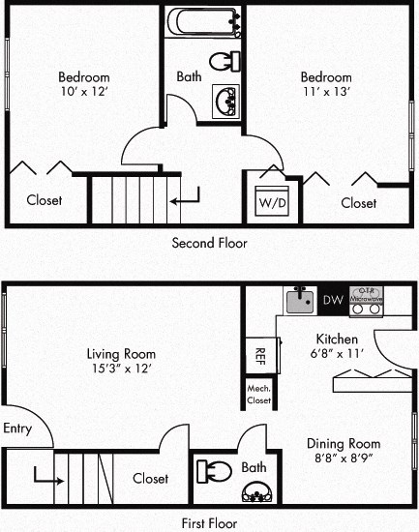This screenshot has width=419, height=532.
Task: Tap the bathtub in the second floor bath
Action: [x=203, y=21]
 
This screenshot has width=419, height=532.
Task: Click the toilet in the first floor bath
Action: [x=212, y=472]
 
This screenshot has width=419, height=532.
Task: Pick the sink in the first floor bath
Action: [x=256, y=492]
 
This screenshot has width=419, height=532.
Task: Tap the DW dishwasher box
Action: [x=332, y=301]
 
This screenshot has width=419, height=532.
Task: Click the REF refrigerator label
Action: [x=260, y=353]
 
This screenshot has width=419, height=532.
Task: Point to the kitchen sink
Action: [x=299, y=300]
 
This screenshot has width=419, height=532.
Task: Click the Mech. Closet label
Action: [x=259, y=392]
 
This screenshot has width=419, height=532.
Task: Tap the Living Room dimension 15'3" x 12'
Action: [x=120, y=369]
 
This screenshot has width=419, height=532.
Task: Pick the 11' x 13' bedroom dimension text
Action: [x=325, y=92]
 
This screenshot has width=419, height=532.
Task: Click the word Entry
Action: [x=18, y=429]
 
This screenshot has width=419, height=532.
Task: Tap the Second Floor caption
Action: [x=209, y=243]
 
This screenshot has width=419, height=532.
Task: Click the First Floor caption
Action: [x=209, y=523]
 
